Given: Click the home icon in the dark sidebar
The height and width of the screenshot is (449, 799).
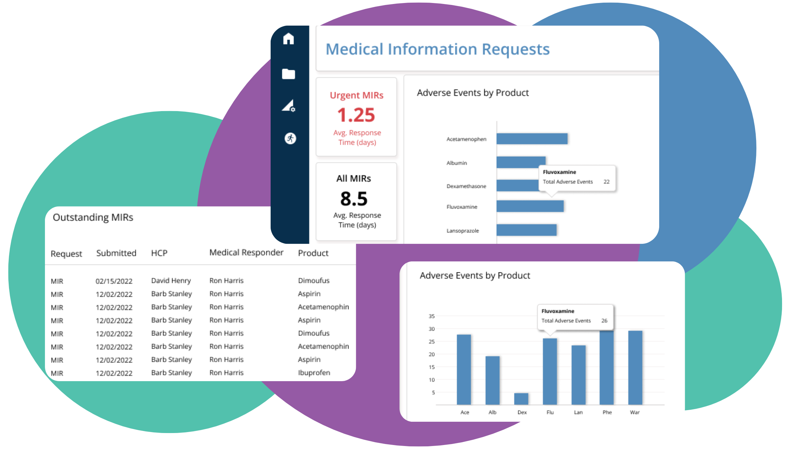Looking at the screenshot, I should (288, 39).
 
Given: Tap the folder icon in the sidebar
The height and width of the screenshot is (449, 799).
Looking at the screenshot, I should (288, 74).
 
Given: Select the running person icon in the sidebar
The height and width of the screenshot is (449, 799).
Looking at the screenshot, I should (290, 138).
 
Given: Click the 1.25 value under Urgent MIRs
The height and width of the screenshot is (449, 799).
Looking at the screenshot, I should (356, 115).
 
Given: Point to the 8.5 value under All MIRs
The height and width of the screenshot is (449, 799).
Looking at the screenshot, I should (354, 199).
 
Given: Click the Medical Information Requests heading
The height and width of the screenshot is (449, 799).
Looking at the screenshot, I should (437, 49).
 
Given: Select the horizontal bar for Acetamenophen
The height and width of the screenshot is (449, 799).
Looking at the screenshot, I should (532, 139).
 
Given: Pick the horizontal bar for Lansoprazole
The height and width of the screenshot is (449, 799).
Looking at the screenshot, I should (526, 230).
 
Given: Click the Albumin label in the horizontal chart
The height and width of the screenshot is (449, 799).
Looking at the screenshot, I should (456, 163).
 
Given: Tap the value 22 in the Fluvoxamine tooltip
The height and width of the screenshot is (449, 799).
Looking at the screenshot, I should (606, 182).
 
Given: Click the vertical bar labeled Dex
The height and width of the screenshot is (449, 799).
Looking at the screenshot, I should (521, 398).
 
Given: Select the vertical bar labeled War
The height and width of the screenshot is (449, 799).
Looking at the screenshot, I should (635, 367).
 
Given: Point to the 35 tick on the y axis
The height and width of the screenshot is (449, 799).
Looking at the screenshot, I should (431, 316).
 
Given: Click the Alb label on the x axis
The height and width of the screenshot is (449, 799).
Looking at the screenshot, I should (492, 412).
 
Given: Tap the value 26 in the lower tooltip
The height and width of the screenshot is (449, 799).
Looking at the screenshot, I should (604, 321).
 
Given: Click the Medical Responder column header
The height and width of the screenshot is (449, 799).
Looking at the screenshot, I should (246, 252).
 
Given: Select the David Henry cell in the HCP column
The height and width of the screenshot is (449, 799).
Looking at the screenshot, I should (171, 281).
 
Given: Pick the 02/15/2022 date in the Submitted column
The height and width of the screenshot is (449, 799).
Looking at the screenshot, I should (114, 281).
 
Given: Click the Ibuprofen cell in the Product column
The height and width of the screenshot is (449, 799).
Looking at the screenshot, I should (314, 373).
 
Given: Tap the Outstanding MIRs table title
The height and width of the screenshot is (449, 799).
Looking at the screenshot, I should (93, 217).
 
